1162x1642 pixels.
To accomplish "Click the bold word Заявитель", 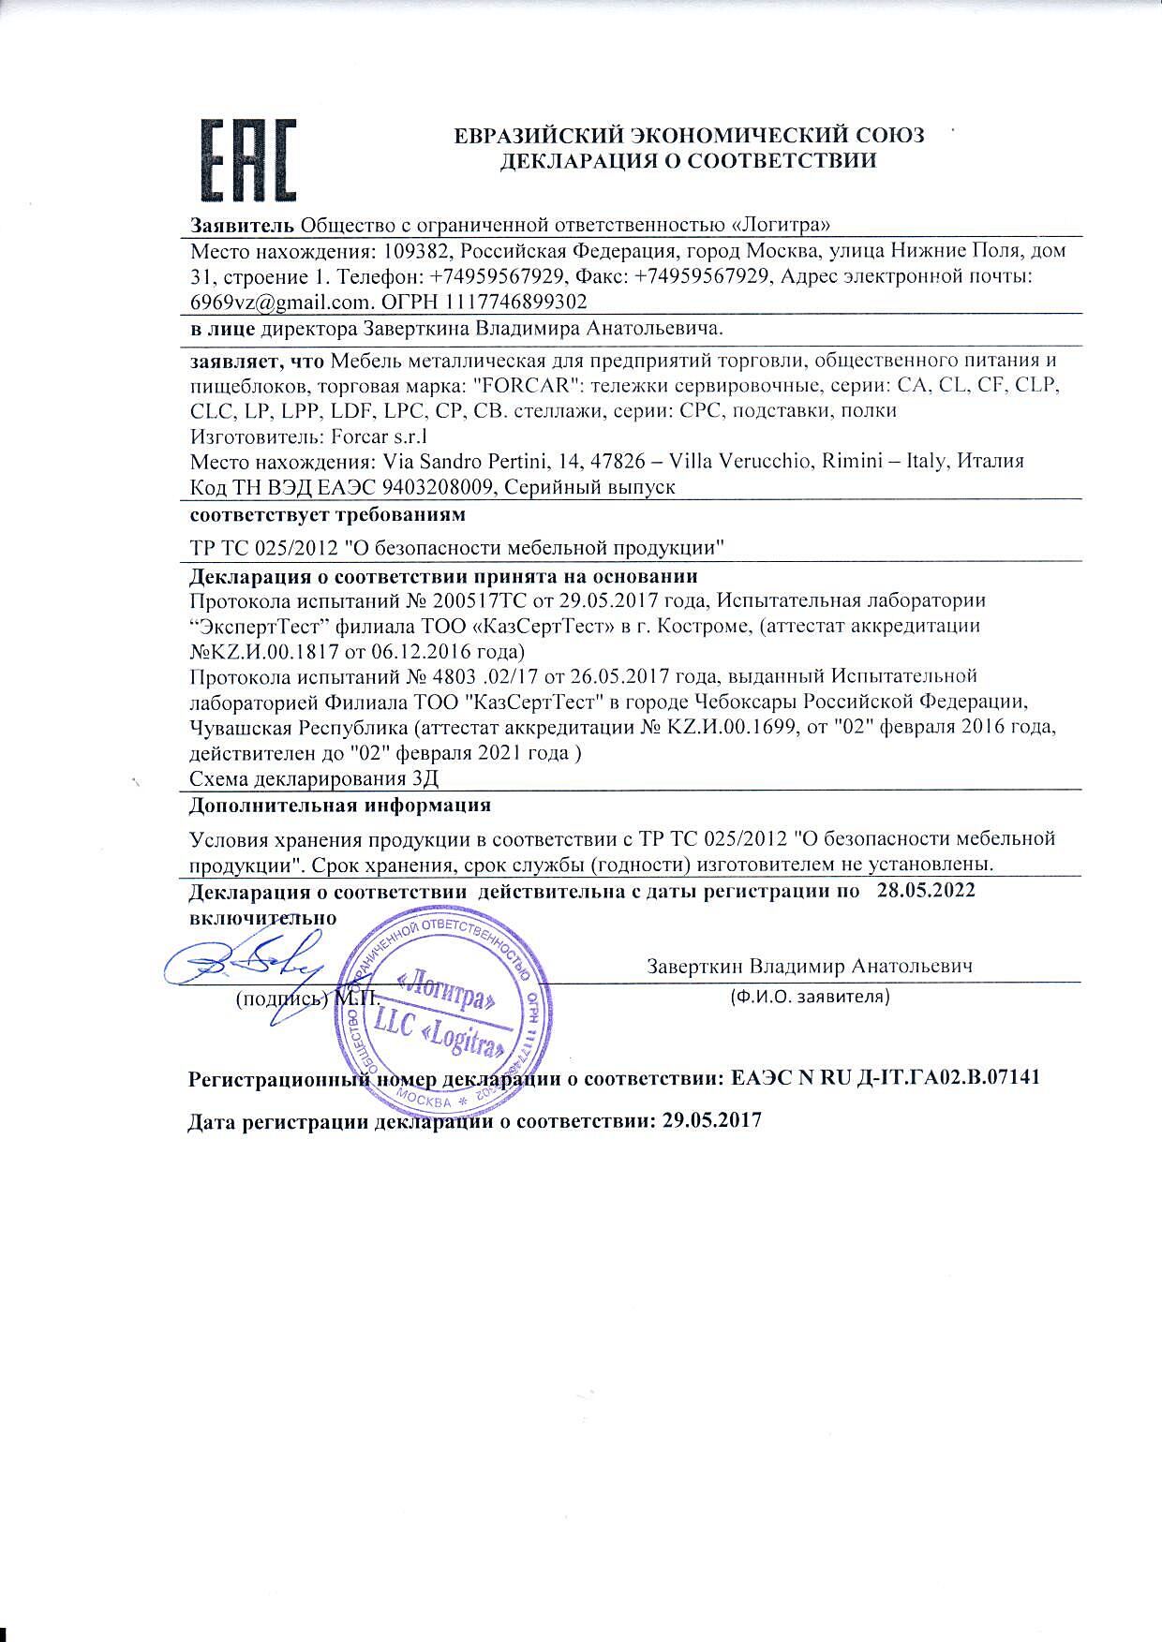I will [x=243, y=225].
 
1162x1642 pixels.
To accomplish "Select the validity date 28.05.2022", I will [x=926, y=891].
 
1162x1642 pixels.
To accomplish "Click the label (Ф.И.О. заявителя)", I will [x=810, y=997].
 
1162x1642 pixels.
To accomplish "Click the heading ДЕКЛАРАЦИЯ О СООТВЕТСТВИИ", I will [x=689, y=160].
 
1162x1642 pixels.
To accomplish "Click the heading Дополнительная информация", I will [x=340, y=805].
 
